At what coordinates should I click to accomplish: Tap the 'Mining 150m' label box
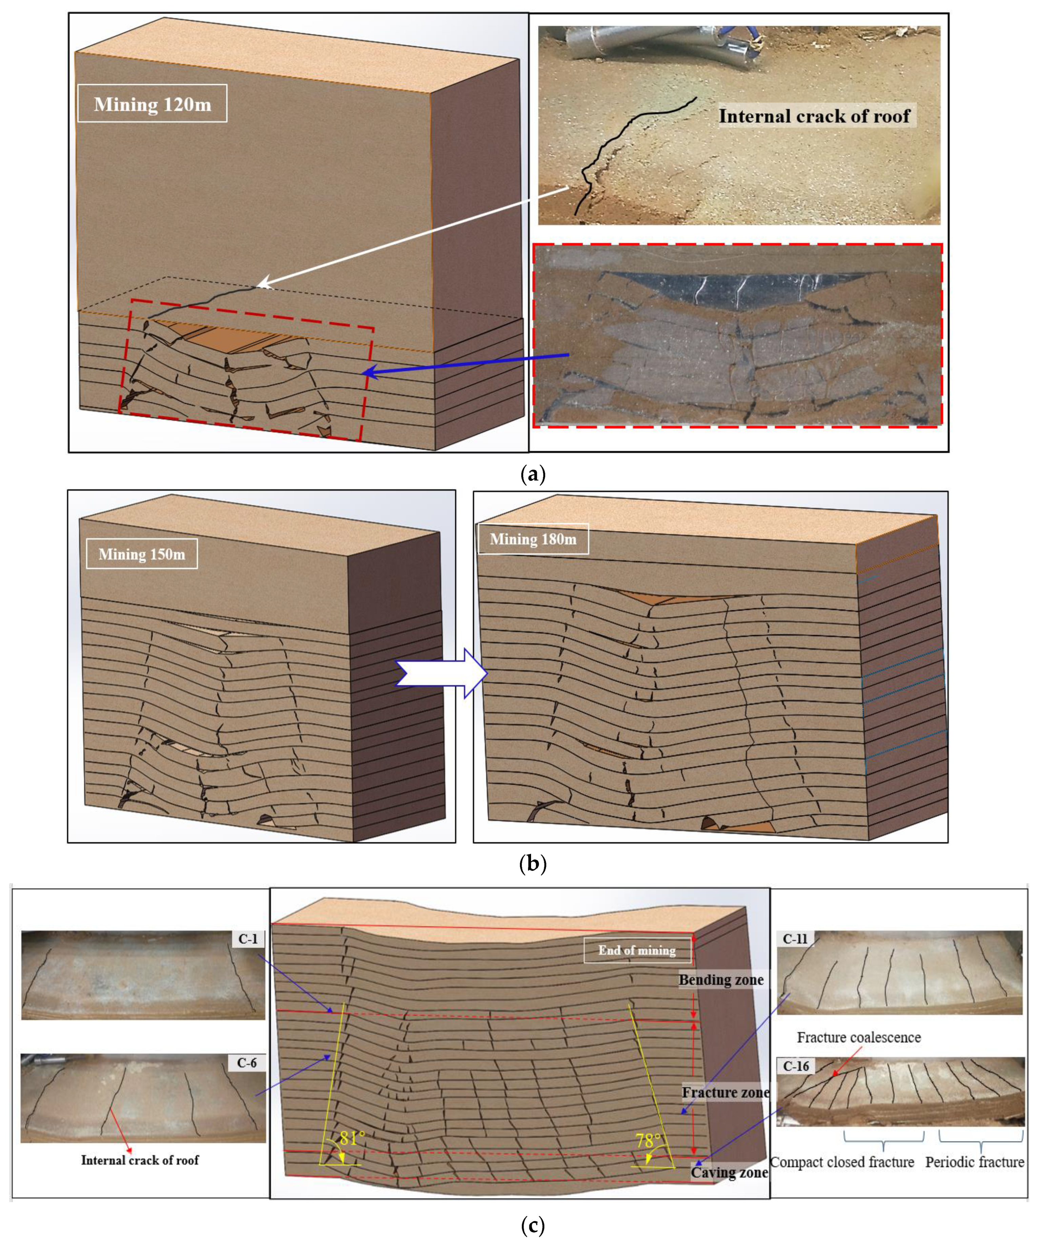[142, 555]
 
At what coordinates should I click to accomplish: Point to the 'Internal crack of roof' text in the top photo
[814, 116]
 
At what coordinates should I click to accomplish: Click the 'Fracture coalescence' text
[858, 1037]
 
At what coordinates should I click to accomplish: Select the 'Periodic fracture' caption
[974, 1162]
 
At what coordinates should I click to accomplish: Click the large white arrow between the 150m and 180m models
[441, 673]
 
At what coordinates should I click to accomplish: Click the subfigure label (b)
[532, 864]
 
